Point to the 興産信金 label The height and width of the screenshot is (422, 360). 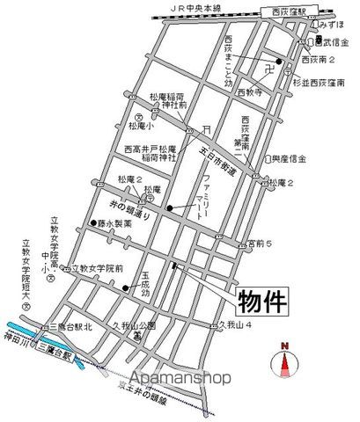click(x=290, y=161)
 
